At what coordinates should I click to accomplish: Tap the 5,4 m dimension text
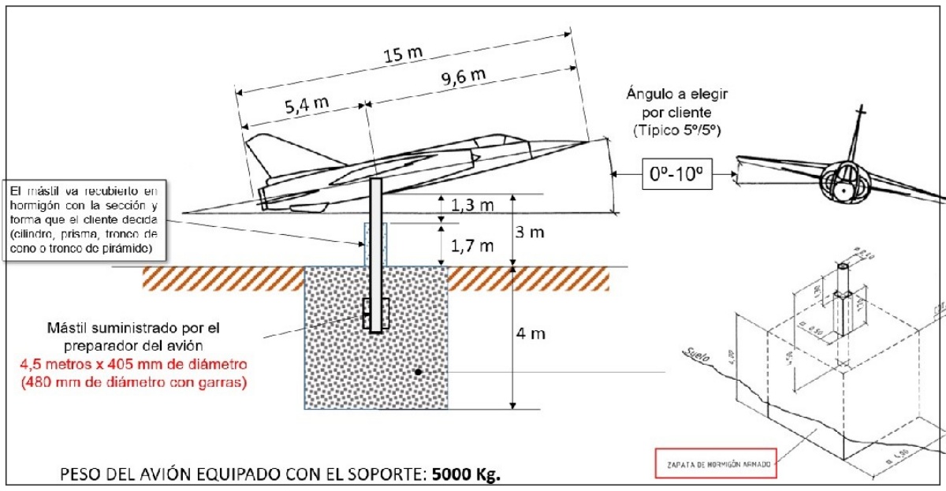[300, 105]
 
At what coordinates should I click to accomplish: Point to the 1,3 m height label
[472, 206]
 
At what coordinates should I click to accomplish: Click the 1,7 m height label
[472, 246]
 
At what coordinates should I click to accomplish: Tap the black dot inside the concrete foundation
[419, 371]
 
